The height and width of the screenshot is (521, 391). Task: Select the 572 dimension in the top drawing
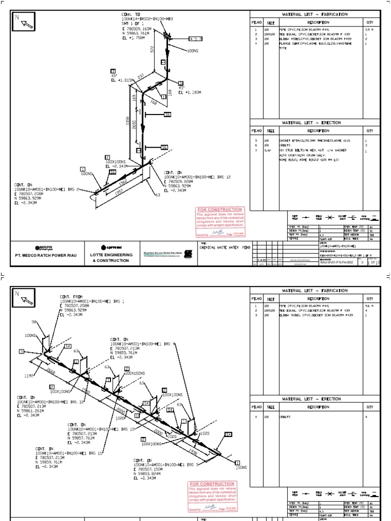pyautogui.click(x=151, y=49)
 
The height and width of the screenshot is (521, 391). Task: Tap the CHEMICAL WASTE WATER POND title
pyautogui.click(x=226, y=247)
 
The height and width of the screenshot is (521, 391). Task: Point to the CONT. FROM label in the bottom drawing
pyautogui.click(x=71, y=296)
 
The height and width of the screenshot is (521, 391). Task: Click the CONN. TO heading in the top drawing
pyautogui.click(x=131, y=14)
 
